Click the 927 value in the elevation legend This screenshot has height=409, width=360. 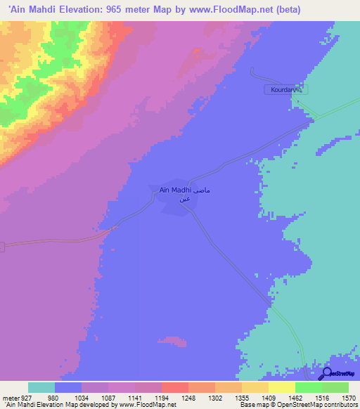(x=28, y=397)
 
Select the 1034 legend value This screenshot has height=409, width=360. (x=82, y=397)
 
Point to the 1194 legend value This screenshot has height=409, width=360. (x=162, y=397)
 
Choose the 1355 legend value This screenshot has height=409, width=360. (x=242, y=397)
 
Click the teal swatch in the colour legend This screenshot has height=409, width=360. (x=41, y=387)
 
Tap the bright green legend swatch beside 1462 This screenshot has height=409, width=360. (x=309, y=387)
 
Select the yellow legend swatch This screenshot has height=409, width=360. (x=282, y=387)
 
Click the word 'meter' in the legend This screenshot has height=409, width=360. (x=11, y=397)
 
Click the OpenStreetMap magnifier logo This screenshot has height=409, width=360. (x=326, y=374)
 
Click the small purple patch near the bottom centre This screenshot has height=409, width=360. (x=171, y=342)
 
